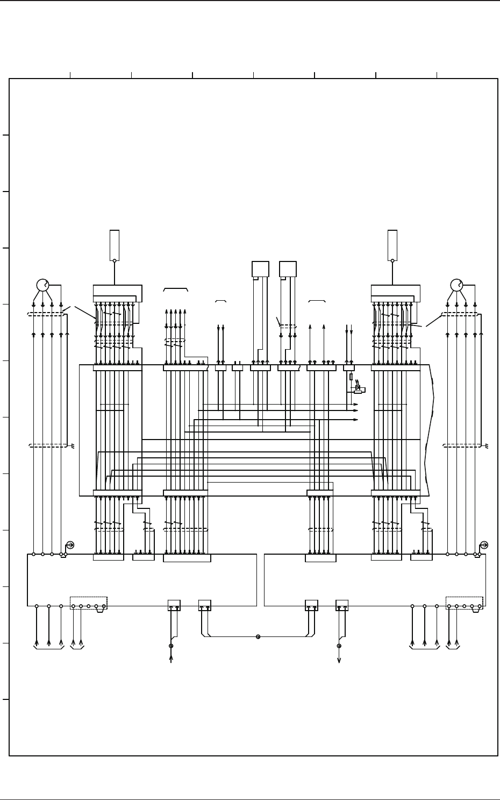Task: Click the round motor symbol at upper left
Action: point(42,285)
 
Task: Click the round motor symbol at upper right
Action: point(456,285)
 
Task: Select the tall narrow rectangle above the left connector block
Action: point(115,244)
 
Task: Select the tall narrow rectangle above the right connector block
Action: point(392,244)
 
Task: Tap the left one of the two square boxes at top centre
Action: point(260,269)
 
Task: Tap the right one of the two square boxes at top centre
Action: point(288,269)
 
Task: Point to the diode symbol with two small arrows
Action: point(358,387)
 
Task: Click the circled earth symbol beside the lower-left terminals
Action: point(70,545)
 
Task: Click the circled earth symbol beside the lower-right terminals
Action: point(484,545)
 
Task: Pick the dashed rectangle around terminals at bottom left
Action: point(89,602)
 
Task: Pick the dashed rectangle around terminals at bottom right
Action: point(465,602)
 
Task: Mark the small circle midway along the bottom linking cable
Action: point(258,636)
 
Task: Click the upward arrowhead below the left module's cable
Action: point(171,657)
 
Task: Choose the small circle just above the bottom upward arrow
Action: point(171,646)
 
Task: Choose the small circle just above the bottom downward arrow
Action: point(339,646)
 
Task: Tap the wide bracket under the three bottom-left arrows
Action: point(49,648)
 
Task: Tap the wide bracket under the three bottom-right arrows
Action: point(425,648)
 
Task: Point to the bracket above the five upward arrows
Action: point(175,289)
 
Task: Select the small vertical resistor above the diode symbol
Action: point(351,377)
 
